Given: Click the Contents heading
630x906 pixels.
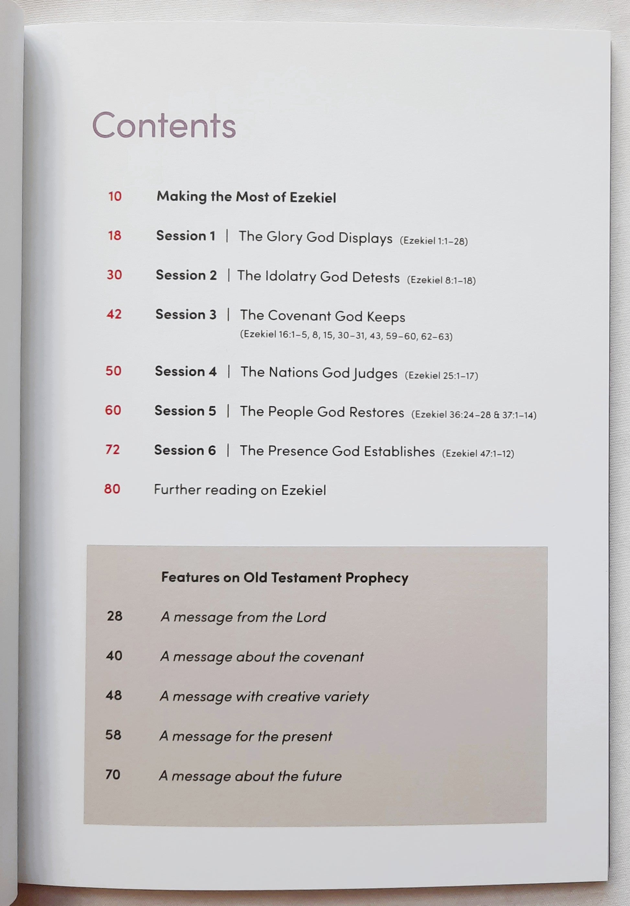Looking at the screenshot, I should (164, 125).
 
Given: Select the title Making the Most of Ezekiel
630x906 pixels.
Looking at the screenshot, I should (246, 197).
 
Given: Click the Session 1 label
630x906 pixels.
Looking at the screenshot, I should (186, 235).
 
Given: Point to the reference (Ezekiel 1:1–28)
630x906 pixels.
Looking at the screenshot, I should (433, 241).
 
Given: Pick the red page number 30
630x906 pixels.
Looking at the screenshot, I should (114, 275).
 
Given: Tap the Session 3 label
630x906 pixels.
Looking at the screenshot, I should (186, 315).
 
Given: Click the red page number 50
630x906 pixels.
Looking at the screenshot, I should (114, 371).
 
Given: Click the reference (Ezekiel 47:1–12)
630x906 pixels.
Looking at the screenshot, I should (478, 454).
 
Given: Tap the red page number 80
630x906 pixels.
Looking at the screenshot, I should (112, 489).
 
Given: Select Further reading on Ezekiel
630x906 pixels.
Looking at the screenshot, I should (240, 490).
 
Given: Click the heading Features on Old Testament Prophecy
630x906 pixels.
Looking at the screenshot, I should (285, 578).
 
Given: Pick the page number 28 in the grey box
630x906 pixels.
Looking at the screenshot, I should (114, 616).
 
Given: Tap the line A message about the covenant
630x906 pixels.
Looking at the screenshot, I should (262, 657).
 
